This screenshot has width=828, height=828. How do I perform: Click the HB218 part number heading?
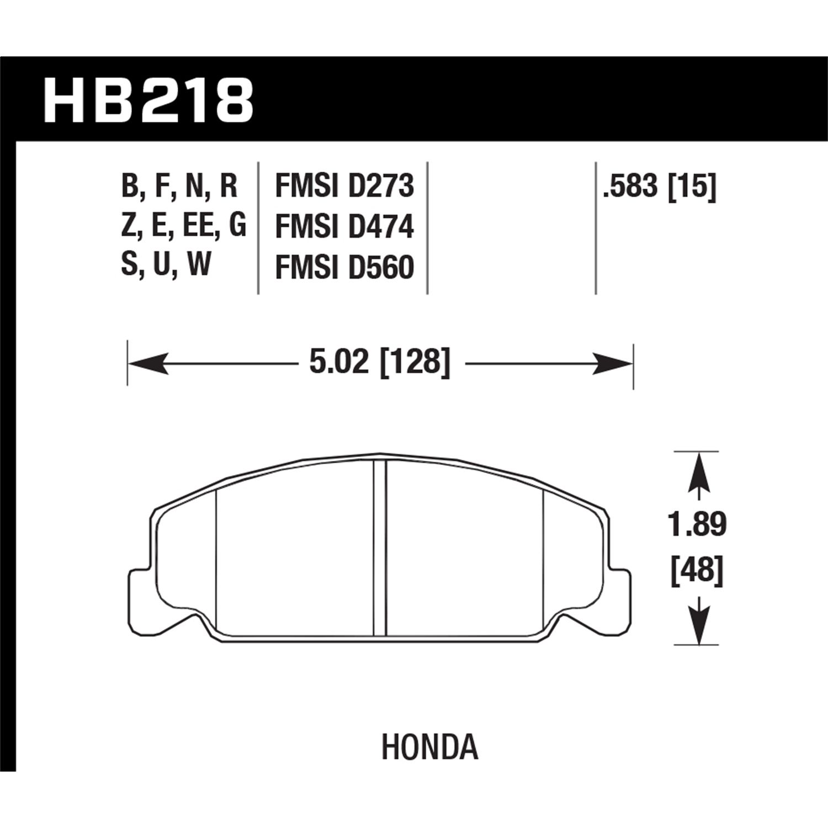tap(148, 100)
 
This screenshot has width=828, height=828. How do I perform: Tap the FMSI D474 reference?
tap(344, 227)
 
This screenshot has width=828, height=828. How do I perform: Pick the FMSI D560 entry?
tap(344, 268)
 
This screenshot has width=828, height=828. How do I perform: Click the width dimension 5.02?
tap(338, 363)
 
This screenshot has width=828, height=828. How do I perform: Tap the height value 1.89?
tap(698, 524)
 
